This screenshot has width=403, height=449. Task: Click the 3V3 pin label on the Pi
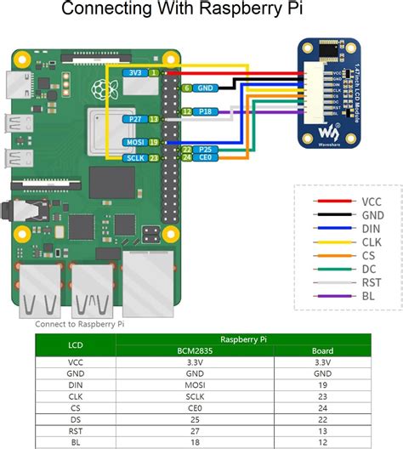click(135, 73)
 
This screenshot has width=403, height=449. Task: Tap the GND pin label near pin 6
click(206, 88)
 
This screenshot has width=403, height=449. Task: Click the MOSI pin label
click(133, 143)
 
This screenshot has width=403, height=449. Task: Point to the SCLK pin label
click(133, 157)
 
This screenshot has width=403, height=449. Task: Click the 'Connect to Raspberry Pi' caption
click(80, 324)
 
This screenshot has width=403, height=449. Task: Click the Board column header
click(322, 349)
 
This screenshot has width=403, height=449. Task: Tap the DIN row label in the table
click(76, 384)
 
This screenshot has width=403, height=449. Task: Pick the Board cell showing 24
click(322, 407)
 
